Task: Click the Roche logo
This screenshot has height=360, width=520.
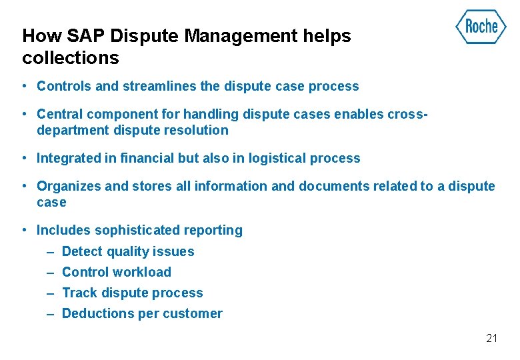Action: [x=481, y=27]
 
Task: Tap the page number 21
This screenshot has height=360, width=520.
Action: [x=492, y=338]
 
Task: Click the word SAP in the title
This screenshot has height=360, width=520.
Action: [x=83, y=36]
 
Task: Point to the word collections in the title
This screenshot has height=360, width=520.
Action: [x=70, y=58]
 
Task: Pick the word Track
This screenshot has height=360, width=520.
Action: [x=77, y=293]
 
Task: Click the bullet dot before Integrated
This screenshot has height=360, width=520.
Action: [x=23, y=158]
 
